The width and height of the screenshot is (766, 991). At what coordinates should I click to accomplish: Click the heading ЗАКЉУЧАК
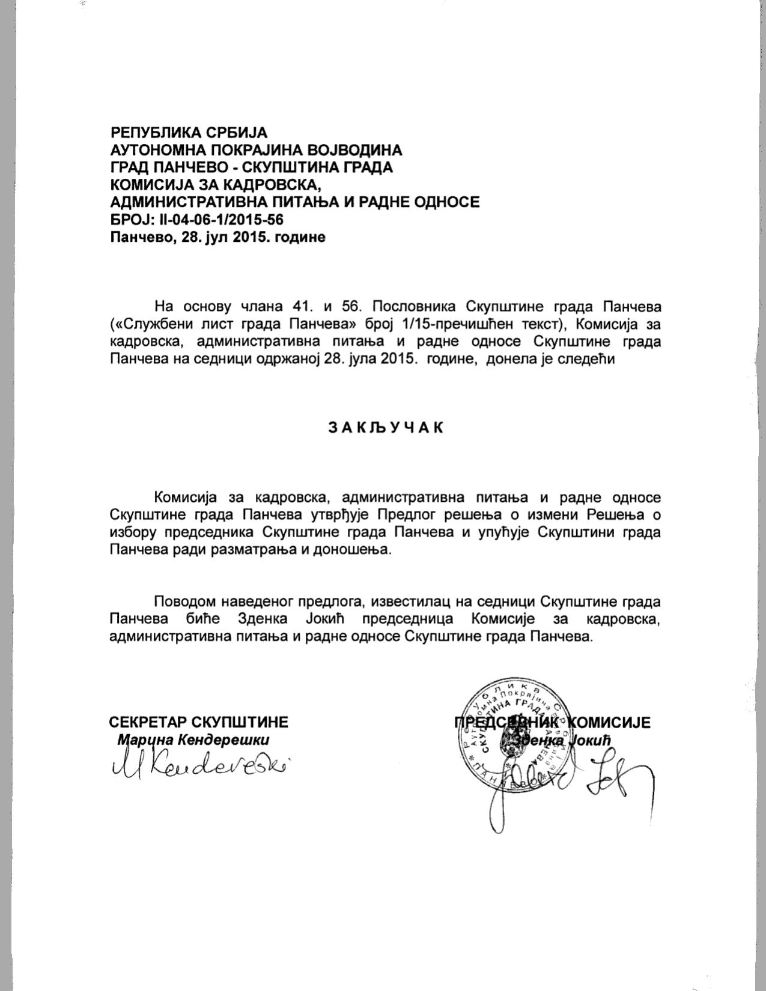385,427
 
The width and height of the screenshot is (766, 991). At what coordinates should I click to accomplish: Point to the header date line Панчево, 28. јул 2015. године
217,236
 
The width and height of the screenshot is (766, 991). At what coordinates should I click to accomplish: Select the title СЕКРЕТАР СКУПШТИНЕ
199,721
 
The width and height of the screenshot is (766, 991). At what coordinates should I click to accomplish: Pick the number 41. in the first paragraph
300,307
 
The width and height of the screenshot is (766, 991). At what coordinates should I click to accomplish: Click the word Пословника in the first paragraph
409,307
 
